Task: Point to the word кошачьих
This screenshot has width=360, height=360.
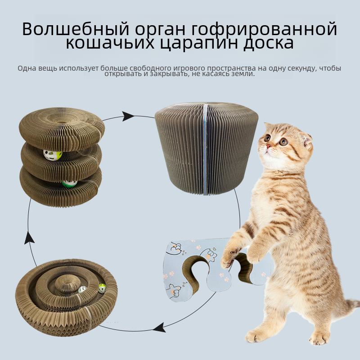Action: click(110, 43)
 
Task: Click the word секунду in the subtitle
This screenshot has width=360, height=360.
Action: click(302, 69)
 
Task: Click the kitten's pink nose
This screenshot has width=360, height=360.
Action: click(268, 146)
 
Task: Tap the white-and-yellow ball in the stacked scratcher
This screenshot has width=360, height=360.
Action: click(53, 155)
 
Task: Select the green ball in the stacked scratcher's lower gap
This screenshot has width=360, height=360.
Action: click(69, 184)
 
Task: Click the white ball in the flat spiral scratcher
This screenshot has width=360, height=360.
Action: click(82, 289)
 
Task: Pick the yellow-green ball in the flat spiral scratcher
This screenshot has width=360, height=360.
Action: click(103, 288)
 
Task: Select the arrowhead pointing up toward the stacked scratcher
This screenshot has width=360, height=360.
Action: click(29, 238)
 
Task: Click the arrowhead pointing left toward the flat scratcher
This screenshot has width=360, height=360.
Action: click(159, 328)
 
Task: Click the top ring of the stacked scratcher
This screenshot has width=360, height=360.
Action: click(62, 129)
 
